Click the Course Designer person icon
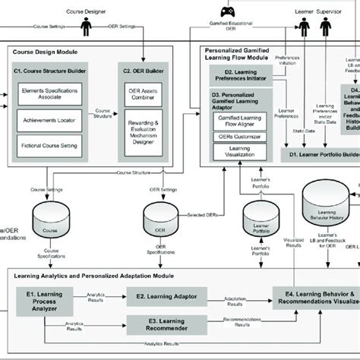[x=87, y=24]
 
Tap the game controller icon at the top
[x=228, y=11]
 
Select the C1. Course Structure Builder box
[x=49, y=71]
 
